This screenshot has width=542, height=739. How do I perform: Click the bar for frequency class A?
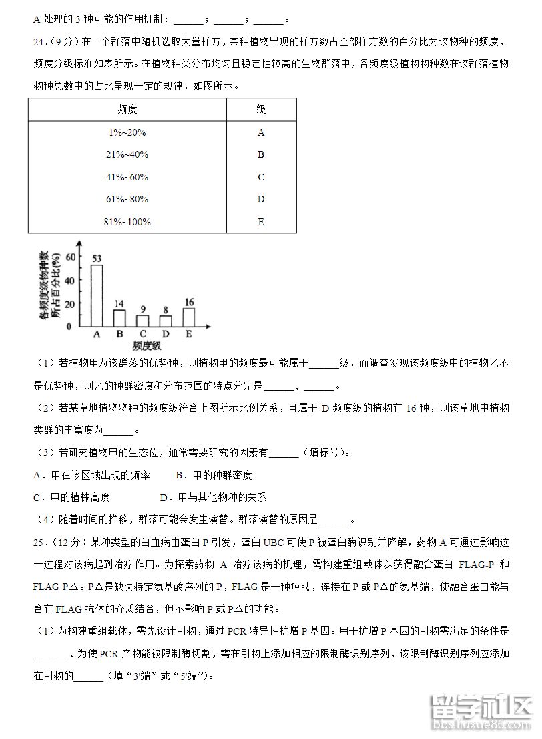[97, 295]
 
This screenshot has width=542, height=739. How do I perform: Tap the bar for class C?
[142, 321]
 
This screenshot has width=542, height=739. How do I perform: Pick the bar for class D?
[166, 321]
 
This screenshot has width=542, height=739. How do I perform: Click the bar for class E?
[188, 317]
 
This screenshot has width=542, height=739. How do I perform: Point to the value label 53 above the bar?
[97, 258]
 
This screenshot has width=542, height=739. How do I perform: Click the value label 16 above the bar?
[189, 302]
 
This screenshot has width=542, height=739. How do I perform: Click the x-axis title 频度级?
[147, 346]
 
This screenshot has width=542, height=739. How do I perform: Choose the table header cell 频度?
[127, 110]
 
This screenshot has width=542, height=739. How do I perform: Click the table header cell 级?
[261, 110]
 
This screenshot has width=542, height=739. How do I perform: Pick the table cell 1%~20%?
[127, 132]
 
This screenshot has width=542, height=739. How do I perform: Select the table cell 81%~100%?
[128, 222]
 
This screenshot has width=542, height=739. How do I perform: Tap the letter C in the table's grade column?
[261, 177]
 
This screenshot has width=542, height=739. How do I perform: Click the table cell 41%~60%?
[127, 177]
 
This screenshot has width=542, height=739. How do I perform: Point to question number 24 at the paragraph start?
[39, 42]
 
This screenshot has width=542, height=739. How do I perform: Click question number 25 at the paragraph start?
[39, 541]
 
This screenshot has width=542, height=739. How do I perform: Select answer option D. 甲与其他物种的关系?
[213, 497]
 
